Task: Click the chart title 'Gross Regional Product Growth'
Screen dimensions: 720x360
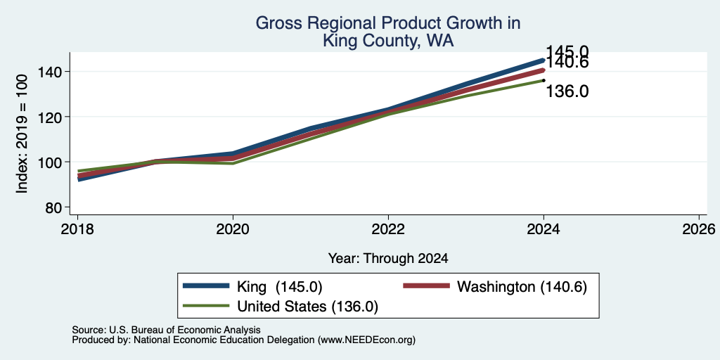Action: coord(388,23)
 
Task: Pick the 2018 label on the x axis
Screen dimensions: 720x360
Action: coord(77,229)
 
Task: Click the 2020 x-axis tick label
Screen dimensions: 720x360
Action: coord(233,229)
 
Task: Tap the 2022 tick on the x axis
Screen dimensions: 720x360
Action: coord(388,229)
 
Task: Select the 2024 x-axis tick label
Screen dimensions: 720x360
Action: coord(544,229)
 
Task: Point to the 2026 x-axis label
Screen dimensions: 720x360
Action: coord(699,229)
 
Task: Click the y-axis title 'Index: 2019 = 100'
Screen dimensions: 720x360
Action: coord(22,134)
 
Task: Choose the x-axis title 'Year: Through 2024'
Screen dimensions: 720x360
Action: coord(388,259)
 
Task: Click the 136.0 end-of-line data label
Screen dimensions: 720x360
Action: coord(567,91)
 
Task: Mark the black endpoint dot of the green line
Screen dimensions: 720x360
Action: coord(544,80)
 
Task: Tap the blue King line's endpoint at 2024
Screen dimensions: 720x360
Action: coord(544,60)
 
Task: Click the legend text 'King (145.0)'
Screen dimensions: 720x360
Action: coord(280,287)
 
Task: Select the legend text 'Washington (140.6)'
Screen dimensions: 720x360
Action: coord(522,287)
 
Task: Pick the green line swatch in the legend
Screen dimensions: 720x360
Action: coord(206,306)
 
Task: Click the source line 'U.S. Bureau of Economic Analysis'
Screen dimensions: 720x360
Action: coord(185,330)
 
